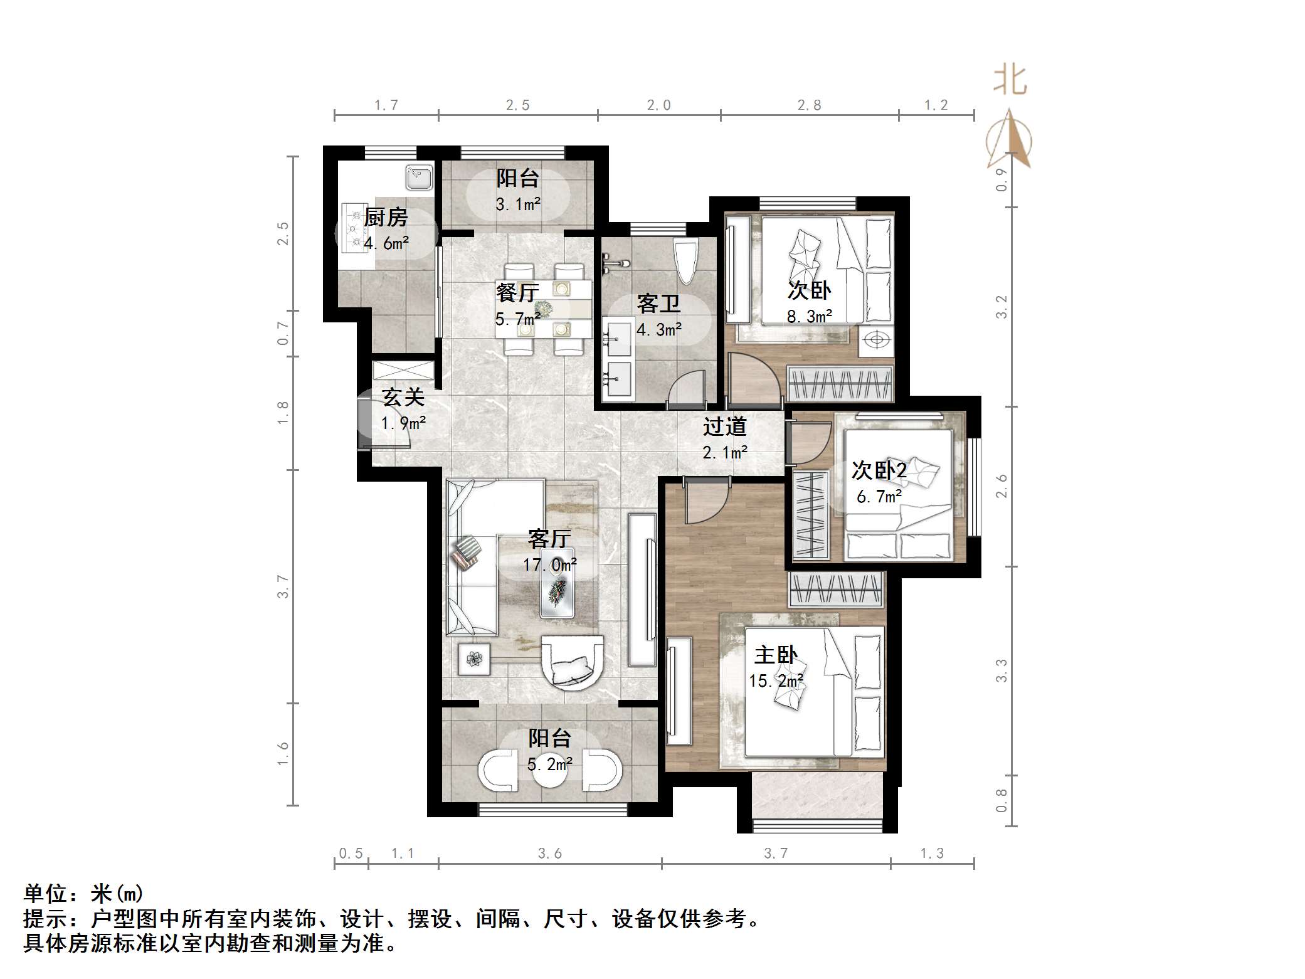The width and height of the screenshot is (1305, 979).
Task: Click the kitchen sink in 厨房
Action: tap(418, 177)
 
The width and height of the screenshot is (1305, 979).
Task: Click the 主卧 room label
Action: tap(776, 655)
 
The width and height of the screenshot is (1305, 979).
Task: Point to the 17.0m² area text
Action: tap(550, 565)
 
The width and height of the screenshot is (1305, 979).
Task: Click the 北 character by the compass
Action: tap(1010, 81)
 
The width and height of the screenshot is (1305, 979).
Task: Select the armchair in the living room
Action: tap(573, 663)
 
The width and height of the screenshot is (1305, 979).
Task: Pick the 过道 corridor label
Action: tap(724, 427)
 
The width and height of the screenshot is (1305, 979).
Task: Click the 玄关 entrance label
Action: tap(403, 398)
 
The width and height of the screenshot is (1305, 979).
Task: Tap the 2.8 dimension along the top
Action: tap(809, 105)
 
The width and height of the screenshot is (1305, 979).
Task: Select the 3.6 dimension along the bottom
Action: tap(550, 854)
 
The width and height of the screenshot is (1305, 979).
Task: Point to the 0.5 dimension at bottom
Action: tap(351, 854)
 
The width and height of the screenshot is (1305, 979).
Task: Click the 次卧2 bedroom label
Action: tap(879, 470)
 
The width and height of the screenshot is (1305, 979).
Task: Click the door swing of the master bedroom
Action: tap(705, 502)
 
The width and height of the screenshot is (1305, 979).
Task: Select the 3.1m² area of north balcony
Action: tap(518, 204)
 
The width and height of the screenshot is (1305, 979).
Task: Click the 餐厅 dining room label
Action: tap(517, 293)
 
